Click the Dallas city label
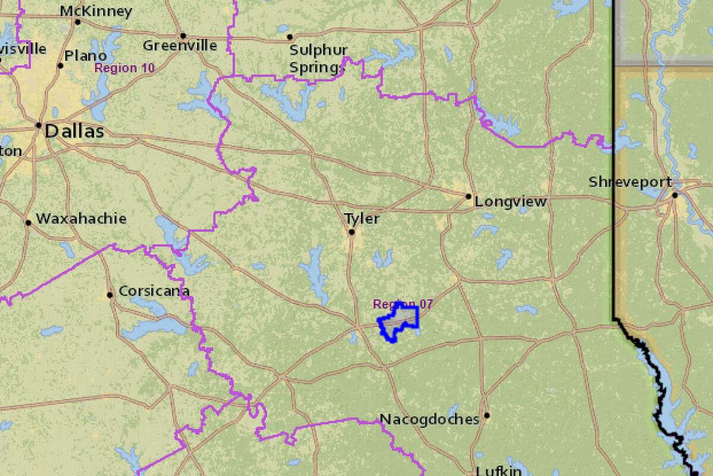(x=74, y=131)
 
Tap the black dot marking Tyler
(x=351, y=232)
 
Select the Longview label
(x=510, y=202)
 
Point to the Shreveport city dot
(x=675, y=195)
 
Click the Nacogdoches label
(x=429, y=420)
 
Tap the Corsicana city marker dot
(x=110, y=294)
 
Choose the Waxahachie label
(x=81, y=219)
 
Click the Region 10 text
(x=124, y=68)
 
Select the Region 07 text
(x=403, y=304)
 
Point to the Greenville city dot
(x=183, y=36)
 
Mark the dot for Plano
(x=60, y=65)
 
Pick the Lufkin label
(x=499, y=471)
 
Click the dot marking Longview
(x=468, y=196)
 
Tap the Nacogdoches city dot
(x=487, y=415)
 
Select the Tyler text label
(x=362, y=219)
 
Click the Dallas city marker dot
(x=39, y=125)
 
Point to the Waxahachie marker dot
(x=28, y=223)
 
